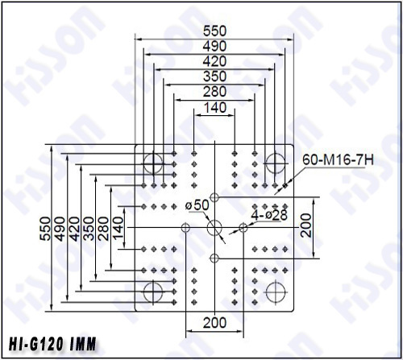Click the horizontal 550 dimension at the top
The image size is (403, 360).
[x=214, y=31]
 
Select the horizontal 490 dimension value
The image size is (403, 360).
[x=214, y=46]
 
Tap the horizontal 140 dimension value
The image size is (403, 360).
[x=215, y=108]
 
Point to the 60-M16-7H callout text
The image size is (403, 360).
[x=338, y=160]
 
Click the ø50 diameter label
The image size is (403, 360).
[x=197, y=205]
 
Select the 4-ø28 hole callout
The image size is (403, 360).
[x=269, y=214]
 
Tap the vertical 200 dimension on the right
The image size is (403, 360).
[x=306, y=226]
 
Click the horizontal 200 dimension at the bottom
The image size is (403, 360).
[x=214, y=322]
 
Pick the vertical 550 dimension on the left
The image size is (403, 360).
[x=45, y=229]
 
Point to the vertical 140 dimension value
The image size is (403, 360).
[x=118, y=228]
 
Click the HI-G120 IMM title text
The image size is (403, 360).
[x=52, y=344]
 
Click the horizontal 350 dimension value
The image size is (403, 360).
[x=214, y=77]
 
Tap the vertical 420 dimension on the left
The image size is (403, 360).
[x=74, y=229]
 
